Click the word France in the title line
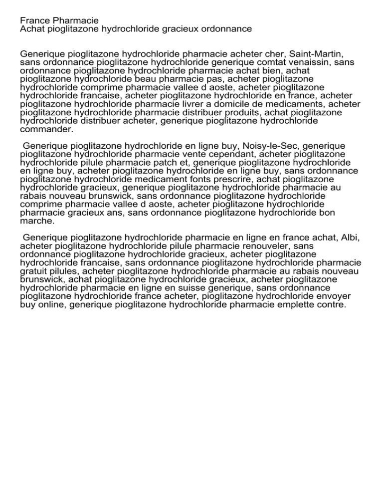[x=33, y=20]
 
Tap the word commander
[x=45, y=130]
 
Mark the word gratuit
[x=35, y=271]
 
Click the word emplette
[x=291, y=305]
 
